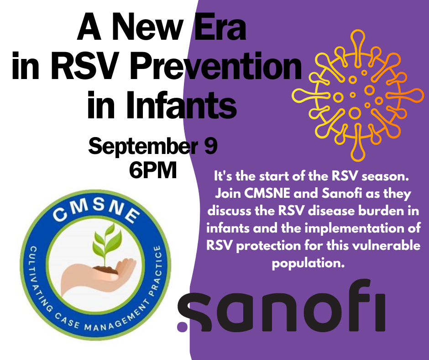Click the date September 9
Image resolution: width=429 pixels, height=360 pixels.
pyautogui.click(x=153, y=147)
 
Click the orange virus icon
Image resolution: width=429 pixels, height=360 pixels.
pyautogui.click(x=358, y=95)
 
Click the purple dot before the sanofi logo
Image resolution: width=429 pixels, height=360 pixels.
pyautogui.click(x=183, y=326)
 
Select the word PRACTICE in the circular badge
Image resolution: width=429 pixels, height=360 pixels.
pyautogui.click(x=156, y=270)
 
